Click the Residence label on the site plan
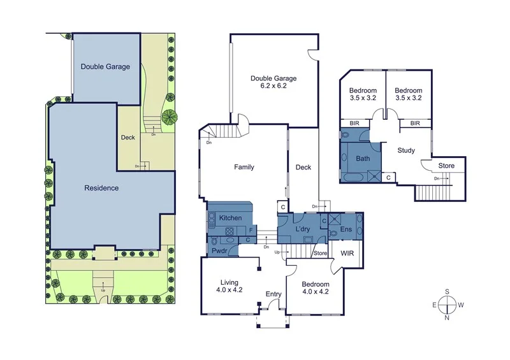coord(103,188)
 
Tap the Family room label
coord(244,168)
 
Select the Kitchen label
coord(230,218)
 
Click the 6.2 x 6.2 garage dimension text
coord(273,85)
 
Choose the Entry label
coord(273,294)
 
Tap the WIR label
coord(347,254)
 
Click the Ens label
coord(347,229)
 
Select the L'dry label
coord(302,228)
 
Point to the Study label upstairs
coord(406,151)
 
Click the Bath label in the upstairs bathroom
coord(363,158)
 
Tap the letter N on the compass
coord(448,318)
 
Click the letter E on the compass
coord(435,305)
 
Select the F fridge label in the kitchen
coord(251,229)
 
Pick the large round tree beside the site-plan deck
coord(170,117)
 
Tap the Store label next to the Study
coord(446,166)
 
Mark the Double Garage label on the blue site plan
coord(105,66)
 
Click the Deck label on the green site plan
coord(127,137)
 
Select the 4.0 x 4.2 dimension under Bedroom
coord(315,292)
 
